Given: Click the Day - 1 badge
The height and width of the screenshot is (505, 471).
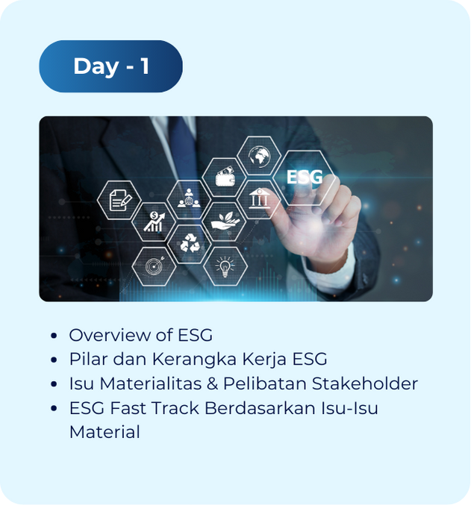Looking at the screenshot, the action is tap(111, 66).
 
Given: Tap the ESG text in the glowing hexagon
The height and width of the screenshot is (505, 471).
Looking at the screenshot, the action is tap(305, 177).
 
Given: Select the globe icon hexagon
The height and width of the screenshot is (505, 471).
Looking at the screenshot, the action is tap(259, 156).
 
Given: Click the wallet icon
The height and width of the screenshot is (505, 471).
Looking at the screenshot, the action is tap(225, 177).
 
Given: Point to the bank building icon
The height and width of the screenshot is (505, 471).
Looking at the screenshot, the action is tap(260, 198).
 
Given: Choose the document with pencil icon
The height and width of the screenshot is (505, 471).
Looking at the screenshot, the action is tap(120, 201).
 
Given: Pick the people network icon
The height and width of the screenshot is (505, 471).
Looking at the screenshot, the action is tap(189, 198).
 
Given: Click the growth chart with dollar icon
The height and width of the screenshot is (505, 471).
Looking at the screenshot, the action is tap(155, 222).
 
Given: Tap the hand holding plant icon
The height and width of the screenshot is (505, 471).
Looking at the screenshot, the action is tap(225, 221).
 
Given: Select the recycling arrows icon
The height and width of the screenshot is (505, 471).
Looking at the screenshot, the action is tap(190, 243).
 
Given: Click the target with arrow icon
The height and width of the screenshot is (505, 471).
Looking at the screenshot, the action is tap(155, 266).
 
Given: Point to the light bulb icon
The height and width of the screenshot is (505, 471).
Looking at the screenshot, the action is tap(225, 266).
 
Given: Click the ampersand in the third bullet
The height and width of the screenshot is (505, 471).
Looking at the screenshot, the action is tap(213, 384).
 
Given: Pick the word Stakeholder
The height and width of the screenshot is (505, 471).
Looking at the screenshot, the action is tap(365, 383).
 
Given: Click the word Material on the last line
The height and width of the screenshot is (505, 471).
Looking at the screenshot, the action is tap(105, 432).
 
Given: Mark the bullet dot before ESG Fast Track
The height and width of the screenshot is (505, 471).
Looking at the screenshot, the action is tap(54, 408).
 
